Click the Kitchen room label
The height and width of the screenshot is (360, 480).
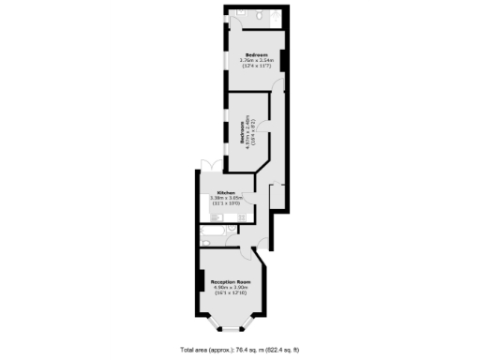tap(226, 193)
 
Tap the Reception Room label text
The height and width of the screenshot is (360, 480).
tap(231, 282)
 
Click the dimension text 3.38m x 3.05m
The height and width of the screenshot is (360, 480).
tap(226, 199)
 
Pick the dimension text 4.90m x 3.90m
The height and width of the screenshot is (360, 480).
tap(231, 288)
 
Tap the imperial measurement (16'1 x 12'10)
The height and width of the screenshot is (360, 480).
tap(231, 294)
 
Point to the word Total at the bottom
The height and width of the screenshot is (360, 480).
tap(188, 348)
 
